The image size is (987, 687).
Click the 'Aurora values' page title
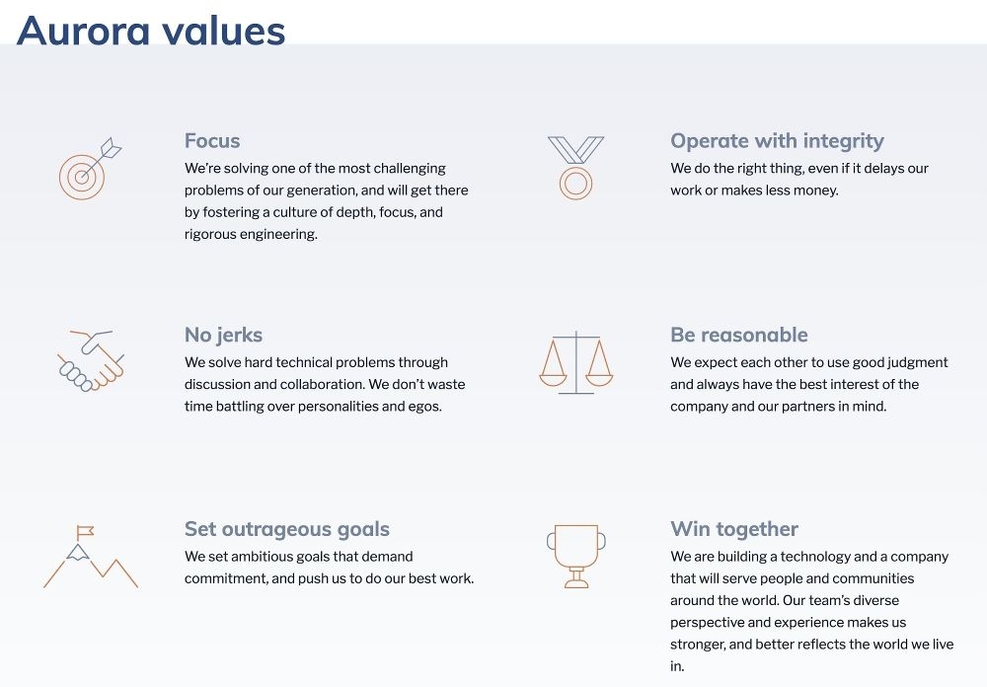[151, 31]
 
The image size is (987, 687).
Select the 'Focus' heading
[212, 140]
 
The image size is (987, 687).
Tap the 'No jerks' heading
[223, 335]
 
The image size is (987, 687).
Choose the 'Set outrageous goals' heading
[287, 529]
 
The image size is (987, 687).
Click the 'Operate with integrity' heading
[777, 140]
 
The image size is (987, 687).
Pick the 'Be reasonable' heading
[738, 335]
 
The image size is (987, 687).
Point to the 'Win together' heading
[734, 529]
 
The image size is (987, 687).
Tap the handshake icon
[90, 360]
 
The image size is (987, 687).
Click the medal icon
[575, 168]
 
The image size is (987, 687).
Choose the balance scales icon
[575, 362]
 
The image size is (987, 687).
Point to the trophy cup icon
[575, 556]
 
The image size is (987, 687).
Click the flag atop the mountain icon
[85, 531]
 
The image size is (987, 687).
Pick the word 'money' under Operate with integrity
[817, 190]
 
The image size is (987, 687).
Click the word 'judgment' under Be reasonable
[920, 362]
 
